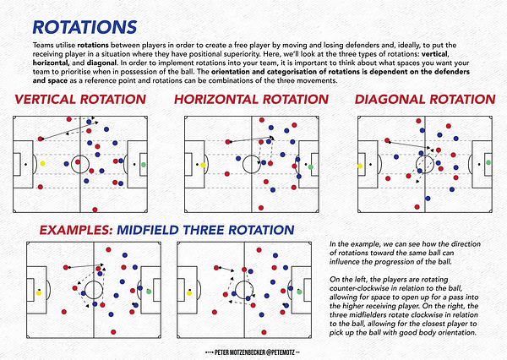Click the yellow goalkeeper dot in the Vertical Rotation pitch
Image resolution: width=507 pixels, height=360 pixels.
[42, 164]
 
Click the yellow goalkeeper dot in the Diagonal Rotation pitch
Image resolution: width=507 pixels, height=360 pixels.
[361, 166]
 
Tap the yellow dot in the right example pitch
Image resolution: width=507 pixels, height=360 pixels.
[192, 292]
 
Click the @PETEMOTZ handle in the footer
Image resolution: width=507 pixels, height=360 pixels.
[277, 349]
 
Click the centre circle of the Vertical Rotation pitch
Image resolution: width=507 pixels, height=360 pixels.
[80, 164]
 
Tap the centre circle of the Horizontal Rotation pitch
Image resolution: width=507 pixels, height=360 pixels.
[251, 164]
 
